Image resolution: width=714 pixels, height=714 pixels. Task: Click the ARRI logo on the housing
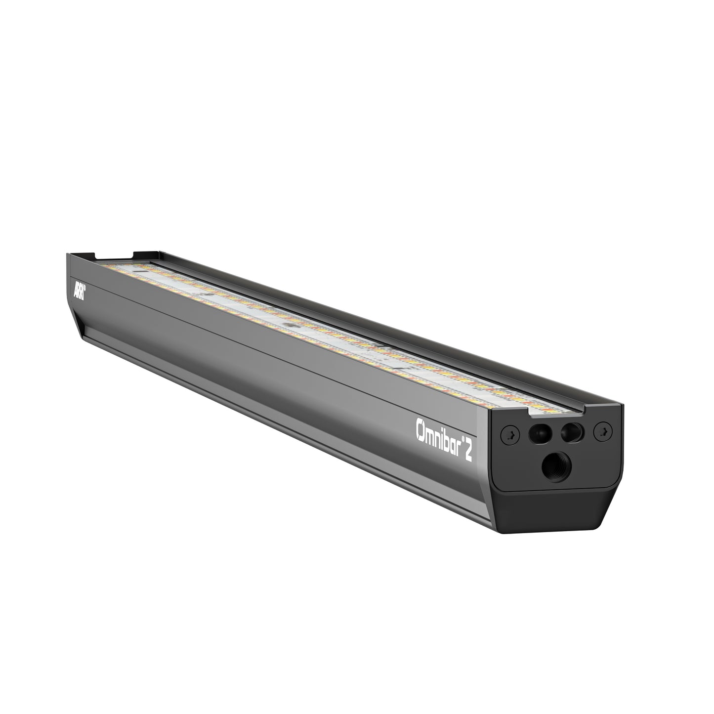79,291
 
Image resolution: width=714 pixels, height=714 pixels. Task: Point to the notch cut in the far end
114,255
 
